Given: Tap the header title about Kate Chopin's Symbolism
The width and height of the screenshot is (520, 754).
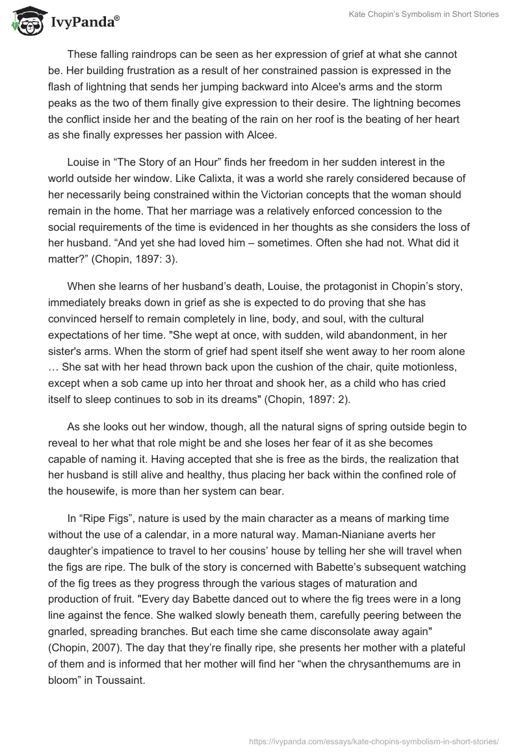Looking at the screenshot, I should (431, 14).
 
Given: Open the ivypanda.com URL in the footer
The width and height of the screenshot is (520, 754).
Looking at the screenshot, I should (374, 741).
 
